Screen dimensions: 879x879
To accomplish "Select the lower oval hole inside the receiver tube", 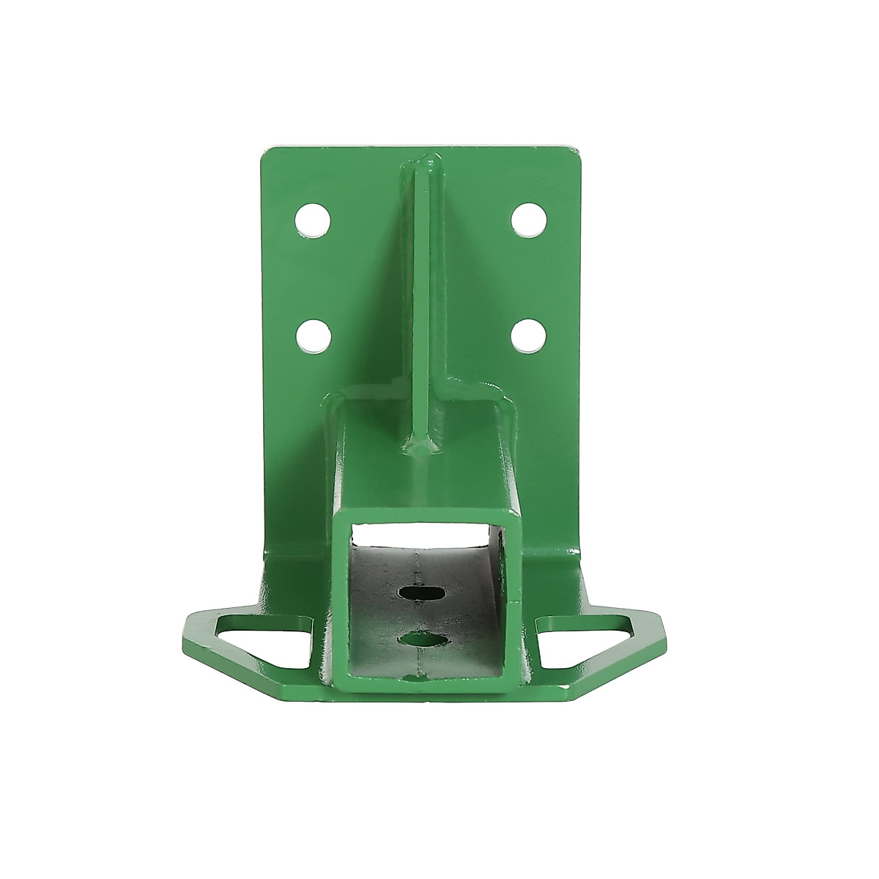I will click(424, 640).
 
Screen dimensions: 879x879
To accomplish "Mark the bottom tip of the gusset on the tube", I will click(421, 448).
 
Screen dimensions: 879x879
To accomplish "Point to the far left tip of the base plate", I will click(184, 631).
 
